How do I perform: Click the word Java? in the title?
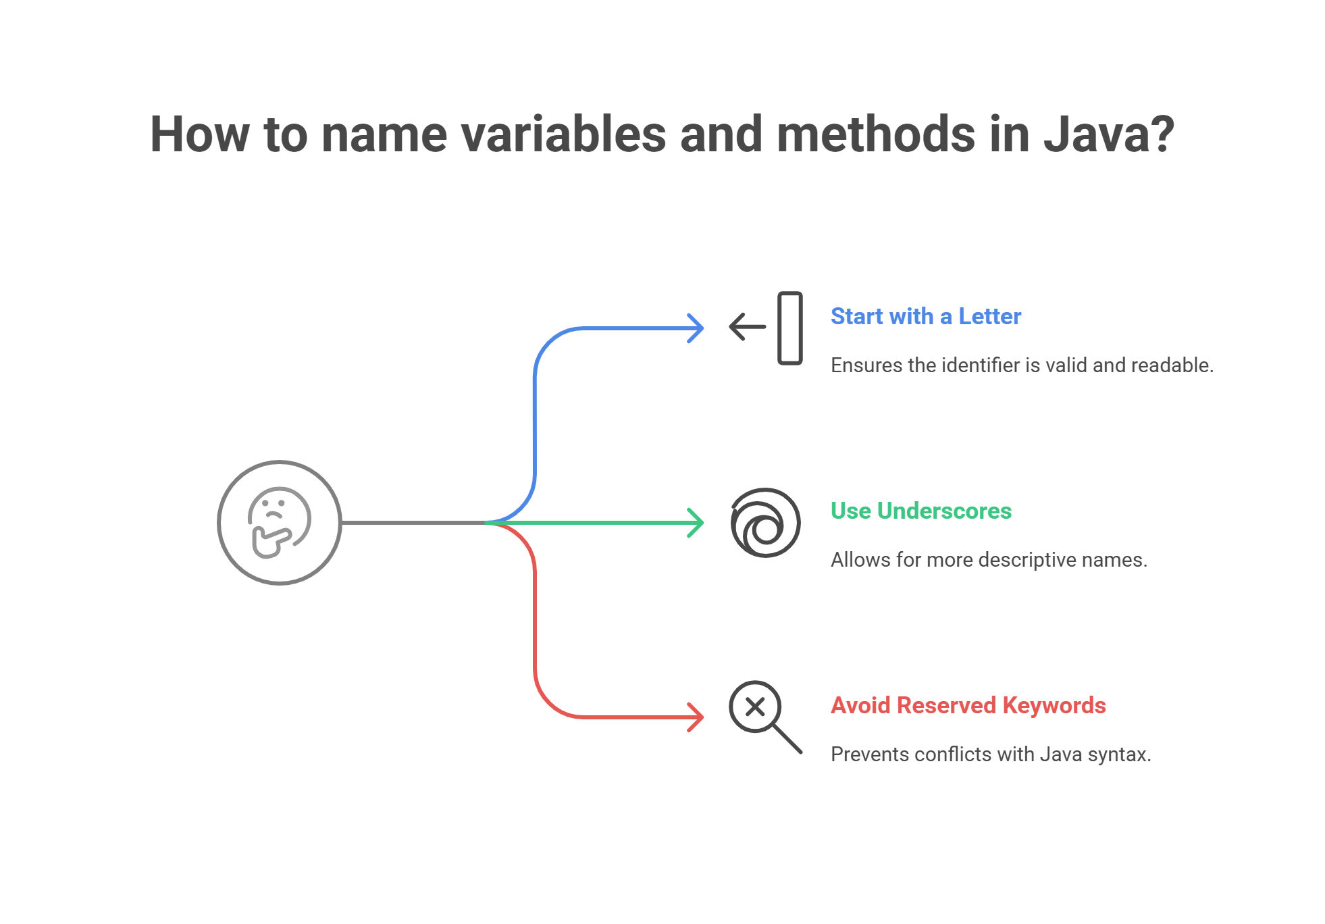(x=1108, y=134)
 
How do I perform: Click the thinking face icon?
(x=279, y=522)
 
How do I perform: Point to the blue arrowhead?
(x=696, y=328)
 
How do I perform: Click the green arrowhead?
(x=696, y=523)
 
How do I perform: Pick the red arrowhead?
(x=696, y=717)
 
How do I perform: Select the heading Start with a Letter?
(x=926, y=316)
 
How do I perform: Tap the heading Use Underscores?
(x=921, y=511)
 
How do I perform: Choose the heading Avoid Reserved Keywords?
(x=968, y=705)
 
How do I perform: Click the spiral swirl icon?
(x=765, y=522)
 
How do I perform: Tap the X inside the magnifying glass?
(x=755, y=707)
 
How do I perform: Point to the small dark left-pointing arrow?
(x=748, y=327)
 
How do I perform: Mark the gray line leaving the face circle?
(x=413, y=522)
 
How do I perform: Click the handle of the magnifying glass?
(x=787, y=739)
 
